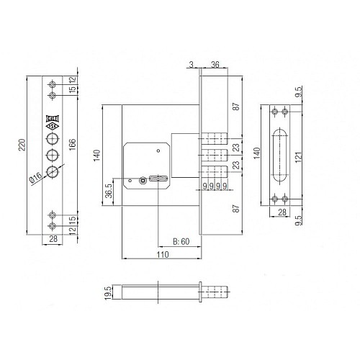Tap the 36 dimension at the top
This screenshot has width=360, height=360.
pyautogui.click(x=215, y=65)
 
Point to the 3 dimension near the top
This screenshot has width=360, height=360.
pyautogui.click(x=192, y=65)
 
